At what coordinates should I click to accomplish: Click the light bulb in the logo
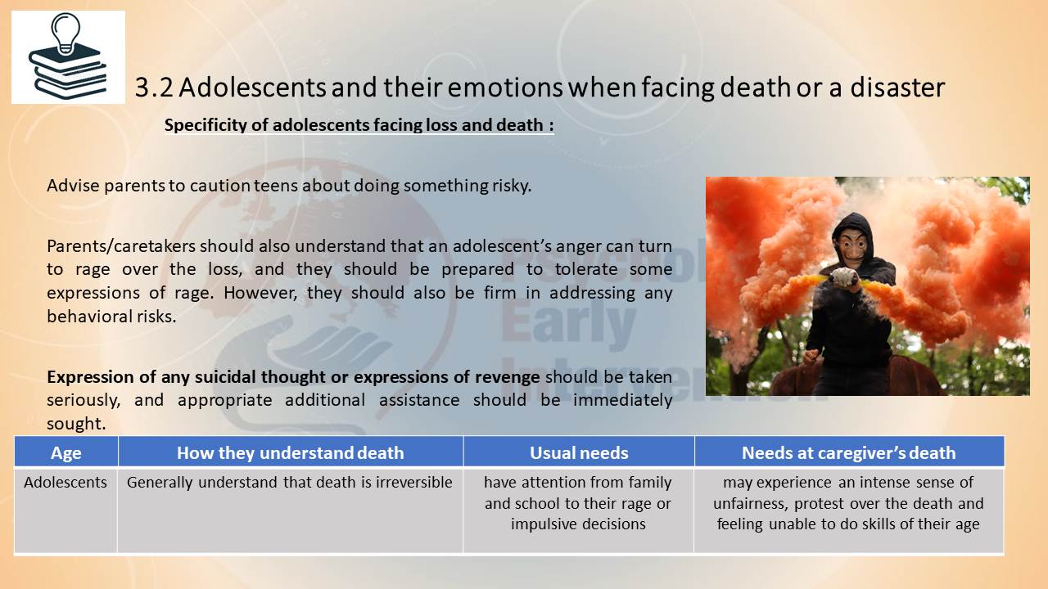(65, 33)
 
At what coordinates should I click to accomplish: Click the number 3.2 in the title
(154, 88)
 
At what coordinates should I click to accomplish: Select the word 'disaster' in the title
(897, 88)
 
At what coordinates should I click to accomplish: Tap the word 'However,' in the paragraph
(260, 293)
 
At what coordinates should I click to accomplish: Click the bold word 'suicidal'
(224, 377)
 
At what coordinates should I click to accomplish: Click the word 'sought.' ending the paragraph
(76, 424)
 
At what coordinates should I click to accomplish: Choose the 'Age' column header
(66, 452)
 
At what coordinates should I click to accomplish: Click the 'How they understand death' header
(290, 452)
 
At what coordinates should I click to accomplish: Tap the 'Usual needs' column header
(579, 452)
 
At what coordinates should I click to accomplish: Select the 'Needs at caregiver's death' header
(849, 452)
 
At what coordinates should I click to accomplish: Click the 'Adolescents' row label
(65, 482)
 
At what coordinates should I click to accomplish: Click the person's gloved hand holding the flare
(845, 277)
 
